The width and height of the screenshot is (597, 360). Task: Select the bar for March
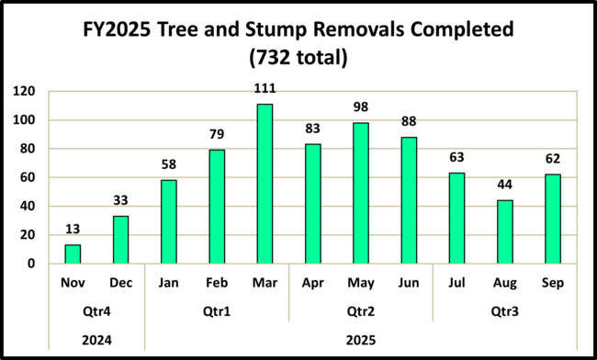[x=265, y=184]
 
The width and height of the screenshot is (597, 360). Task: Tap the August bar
[x=504, y=231]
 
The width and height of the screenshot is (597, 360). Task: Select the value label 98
[x=360, y=107]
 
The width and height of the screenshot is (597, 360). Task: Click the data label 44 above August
[x=504, y=186]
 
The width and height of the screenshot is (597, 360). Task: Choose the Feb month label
[x=217, y=283]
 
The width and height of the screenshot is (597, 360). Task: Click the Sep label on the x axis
[x=552, y=283]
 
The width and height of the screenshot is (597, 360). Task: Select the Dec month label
[x=120, y=283]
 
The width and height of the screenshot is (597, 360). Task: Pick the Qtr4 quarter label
[x=96, y=311]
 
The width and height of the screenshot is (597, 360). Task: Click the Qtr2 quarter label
[x=360, y=311]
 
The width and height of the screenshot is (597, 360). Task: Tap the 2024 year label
[x=96, y=339]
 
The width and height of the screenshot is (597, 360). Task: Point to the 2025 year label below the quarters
[x=360, y=339]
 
